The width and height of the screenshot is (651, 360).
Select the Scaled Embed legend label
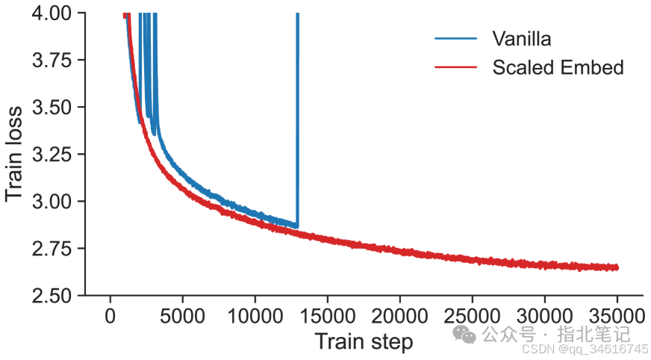(558, 67)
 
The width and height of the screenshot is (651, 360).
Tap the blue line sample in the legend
(455, 38)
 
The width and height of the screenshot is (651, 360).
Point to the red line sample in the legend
(455, 67)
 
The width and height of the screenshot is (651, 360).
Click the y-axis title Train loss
(14, 154)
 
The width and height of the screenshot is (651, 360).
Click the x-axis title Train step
(364, 342)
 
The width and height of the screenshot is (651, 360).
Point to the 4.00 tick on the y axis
(53, 13)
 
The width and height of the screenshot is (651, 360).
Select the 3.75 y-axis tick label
(53, 60)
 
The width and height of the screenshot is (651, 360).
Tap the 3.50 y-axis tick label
(53, 108)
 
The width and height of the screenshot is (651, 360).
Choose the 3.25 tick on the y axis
(53, 155)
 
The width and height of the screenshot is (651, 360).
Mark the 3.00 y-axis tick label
(53, 202)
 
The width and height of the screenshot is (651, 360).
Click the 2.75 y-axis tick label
(53, 249)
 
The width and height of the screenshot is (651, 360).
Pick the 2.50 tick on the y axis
(53, 296)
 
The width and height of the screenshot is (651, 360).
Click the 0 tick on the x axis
(110, 315)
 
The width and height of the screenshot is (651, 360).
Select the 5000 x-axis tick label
(182, 315)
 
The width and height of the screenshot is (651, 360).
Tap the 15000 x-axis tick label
(327, 315)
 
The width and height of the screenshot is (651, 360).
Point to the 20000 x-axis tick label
(399, 315)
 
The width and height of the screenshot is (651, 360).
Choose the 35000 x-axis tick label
(617, 315)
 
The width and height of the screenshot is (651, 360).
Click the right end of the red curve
(617, 267)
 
